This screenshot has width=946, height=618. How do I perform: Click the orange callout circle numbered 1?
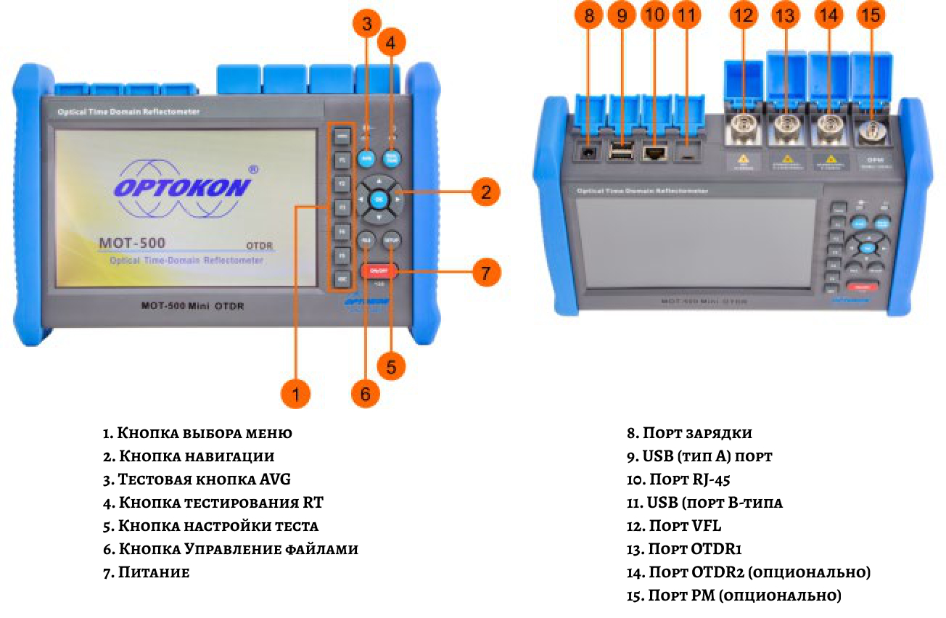point(295,393)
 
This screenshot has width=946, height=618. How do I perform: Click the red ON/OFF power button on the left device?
point(378,271)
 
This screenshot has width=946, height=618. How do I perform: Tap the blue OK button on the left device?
point(378,198)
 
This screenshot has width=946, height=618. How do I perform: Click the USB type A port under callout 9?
point(621,152)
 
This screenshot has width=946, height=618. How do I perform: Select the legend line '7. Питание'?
point(146,572)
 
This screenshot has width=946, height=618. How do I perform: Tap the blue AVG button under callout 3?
point(367,157)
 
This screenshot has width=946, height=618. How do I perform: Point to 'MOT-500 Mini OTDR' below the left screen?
point(192,305)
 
